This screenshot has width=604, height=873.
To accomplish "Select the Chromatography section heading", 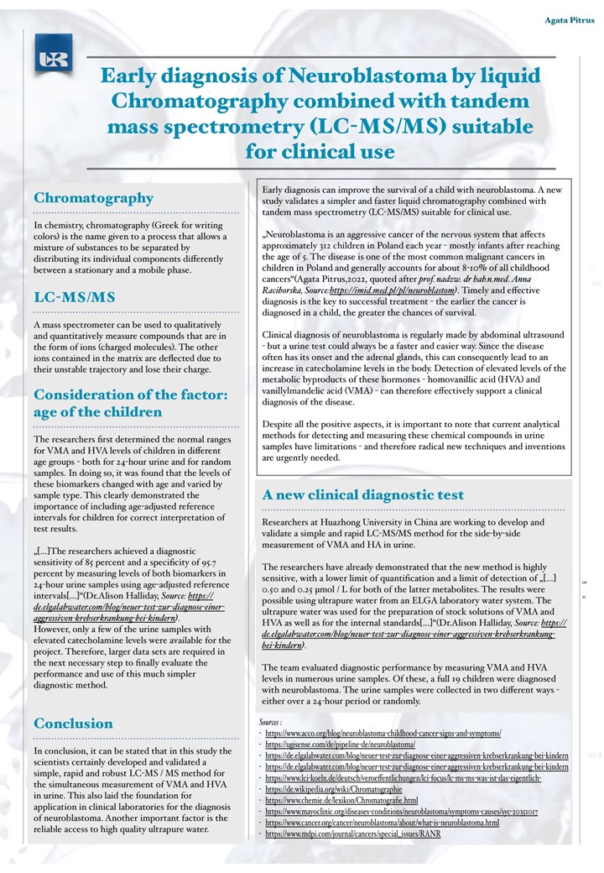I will [93, 198].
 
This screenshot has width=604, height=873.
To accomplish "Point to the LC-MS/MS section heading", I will [75, 297].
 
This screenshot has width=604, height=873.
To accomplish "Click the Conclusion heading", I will [73, 723].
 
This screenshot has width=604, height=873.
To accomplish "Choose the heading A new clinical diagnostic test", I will [362, 495].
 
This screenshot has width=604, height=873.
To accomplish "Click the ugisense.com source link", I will [340, 745].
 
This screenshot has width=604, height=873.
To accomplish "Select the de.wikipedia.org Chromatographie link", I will [334, 790].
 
